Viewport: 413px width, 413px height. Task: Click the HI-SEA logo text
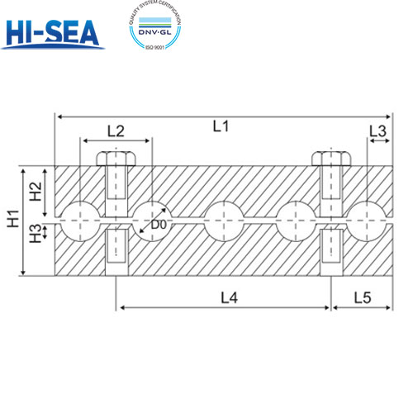tap(52, 31)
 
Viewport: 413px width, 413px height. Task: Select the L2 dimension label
tap(116, 131)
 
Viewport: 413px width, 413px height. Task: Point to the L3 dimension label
tap(377, 131)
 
